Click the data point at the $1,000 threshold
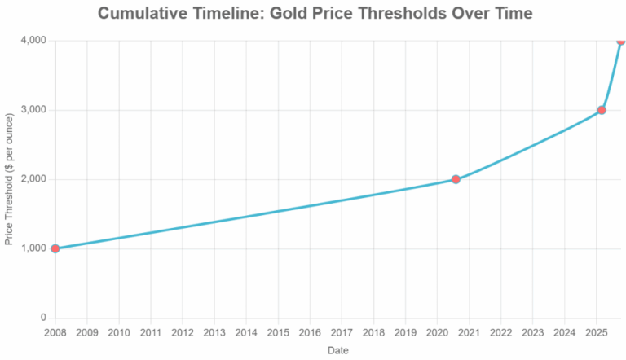click(55, 248)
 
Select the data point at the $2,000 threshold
click(456, 179)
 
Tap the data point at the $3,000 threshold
click(602, 110)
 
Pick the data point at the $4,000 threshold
click(620, 40)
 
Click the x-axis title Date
click(337, 350)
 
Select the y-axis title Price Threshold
click(9, 179)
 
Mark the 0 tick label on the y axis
click(42, 318)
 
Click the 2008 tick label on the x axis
click(55, 332)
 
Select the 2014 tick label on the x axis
click(246, 332)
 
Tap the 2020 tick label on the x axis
click(437, 332)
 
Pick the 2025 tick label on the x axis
click(596, 332)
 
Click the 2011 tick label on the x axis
click(151, 332)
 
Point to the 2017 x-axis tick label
click(342, 332)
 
